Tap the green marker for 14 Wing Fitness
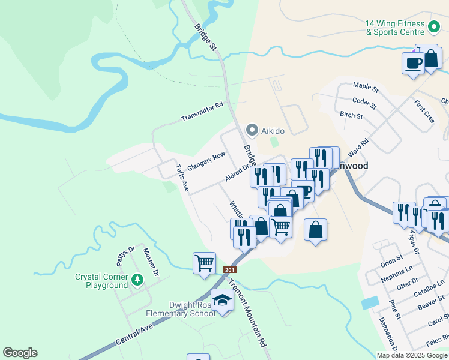click(435, 27)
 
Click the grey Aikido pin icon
click(252, 130)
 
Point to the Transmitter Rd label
click(202, 112)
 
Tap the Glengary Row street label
click(206, 162)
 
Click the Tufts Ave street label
click(182, 178)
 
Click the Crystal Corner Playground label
click(101, 281)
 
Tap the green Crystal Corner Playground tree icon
click(137, 280)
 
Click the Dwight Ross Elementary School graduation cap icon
click(222, 300)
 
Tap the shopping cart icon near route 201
click(204, 262)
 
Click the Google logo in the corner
click(20, 353)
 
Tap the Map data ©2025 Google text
click(412, 355)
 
